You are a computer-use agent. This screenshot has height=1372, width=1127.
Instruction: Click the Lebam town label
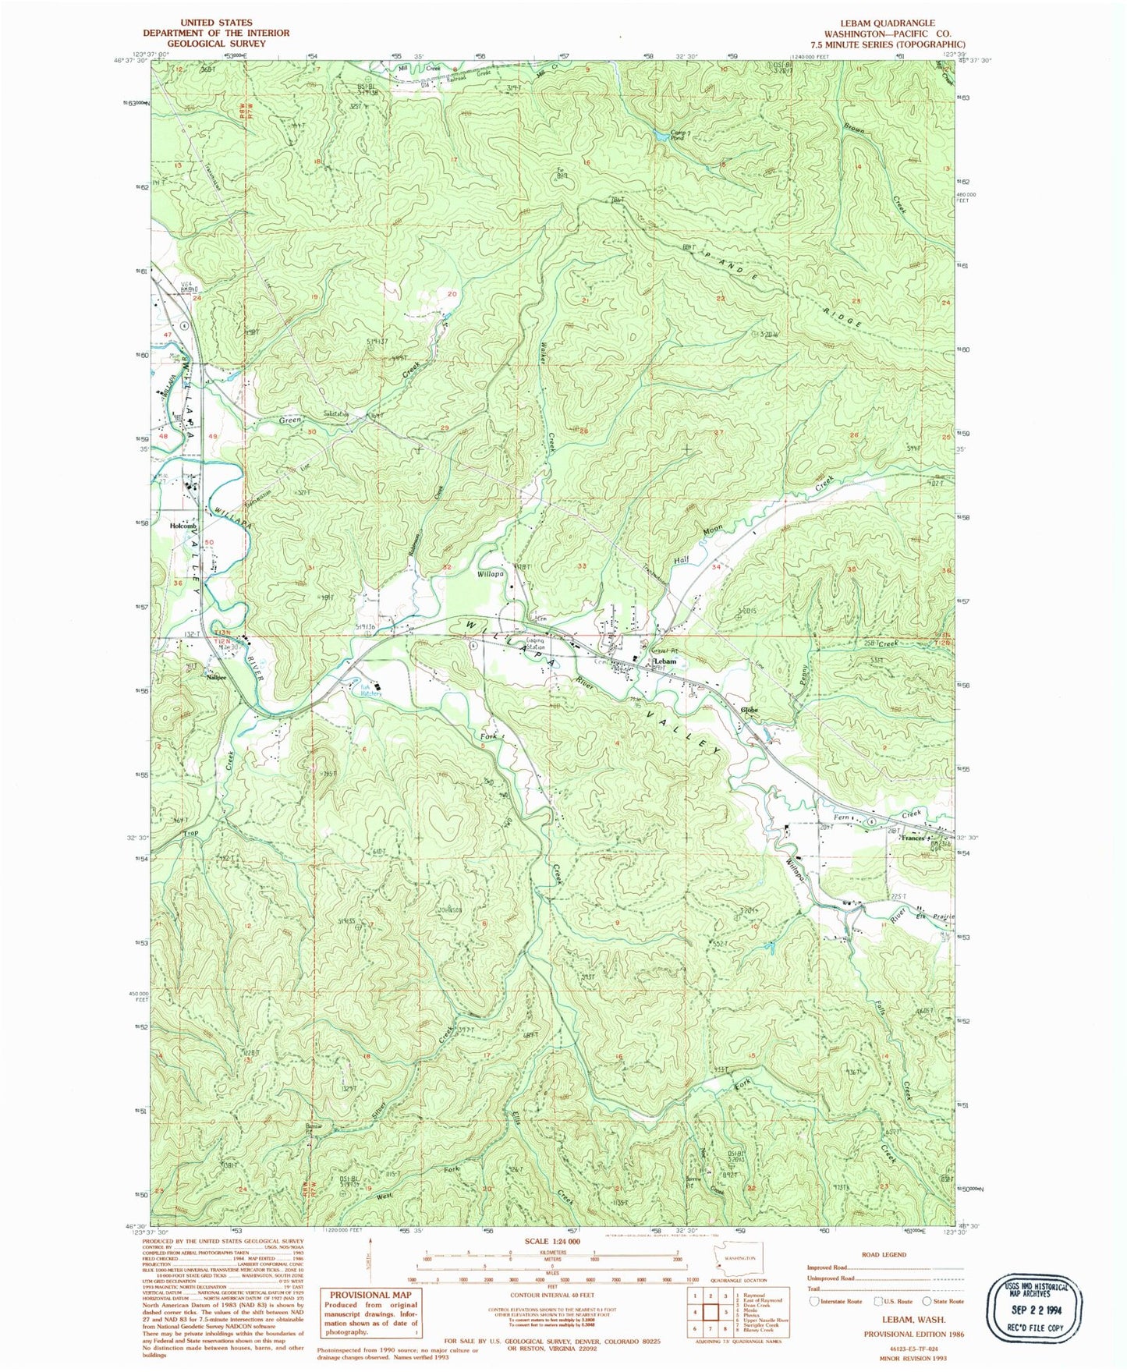[x=664, y=661]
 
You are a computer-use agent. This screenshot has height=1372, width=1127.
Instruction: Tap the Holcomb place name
[x=183, y=526]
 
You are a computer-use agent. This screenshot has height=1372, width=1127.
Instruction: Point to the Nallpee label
[x=216, y=677]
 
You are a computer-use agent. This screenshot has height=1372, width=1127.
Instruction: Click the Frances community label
[x=913, y=838]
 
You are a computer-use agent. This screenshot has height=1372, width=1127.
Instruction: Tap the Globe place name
[x=750, y=710]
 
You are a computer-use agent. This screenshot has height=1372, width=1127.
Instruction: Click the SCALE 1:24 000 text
[x=551, y=1241]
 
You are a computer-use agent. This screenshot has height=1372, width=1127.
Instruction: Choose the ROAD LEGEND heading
[x=884, y=1254]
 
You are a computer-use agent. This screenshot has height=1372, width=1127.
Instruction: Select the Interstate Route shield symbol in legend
[x=815, y=1301]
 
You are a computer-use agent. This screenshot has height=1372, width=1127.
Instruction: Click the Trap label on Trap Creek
[x=191, y=834]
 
